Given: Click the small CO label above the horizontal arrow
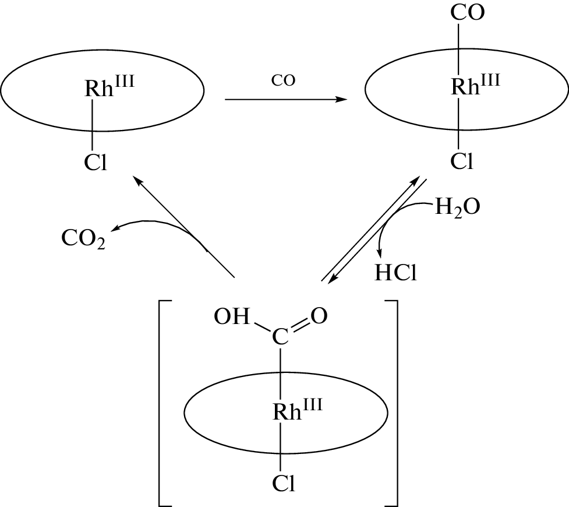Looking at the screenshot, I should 284,81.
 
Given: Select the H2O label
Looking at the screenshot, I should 458,208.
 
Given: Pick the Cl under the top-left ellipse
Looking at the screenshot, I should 96,163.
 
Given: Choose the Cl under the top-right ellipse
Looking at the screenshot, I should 461,163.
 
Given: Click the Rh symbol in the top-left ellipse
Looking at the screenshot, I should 97,89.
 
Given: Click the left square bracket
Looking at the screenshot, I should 162,402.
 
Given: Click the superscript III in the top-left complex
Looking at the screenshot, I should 123,81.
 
